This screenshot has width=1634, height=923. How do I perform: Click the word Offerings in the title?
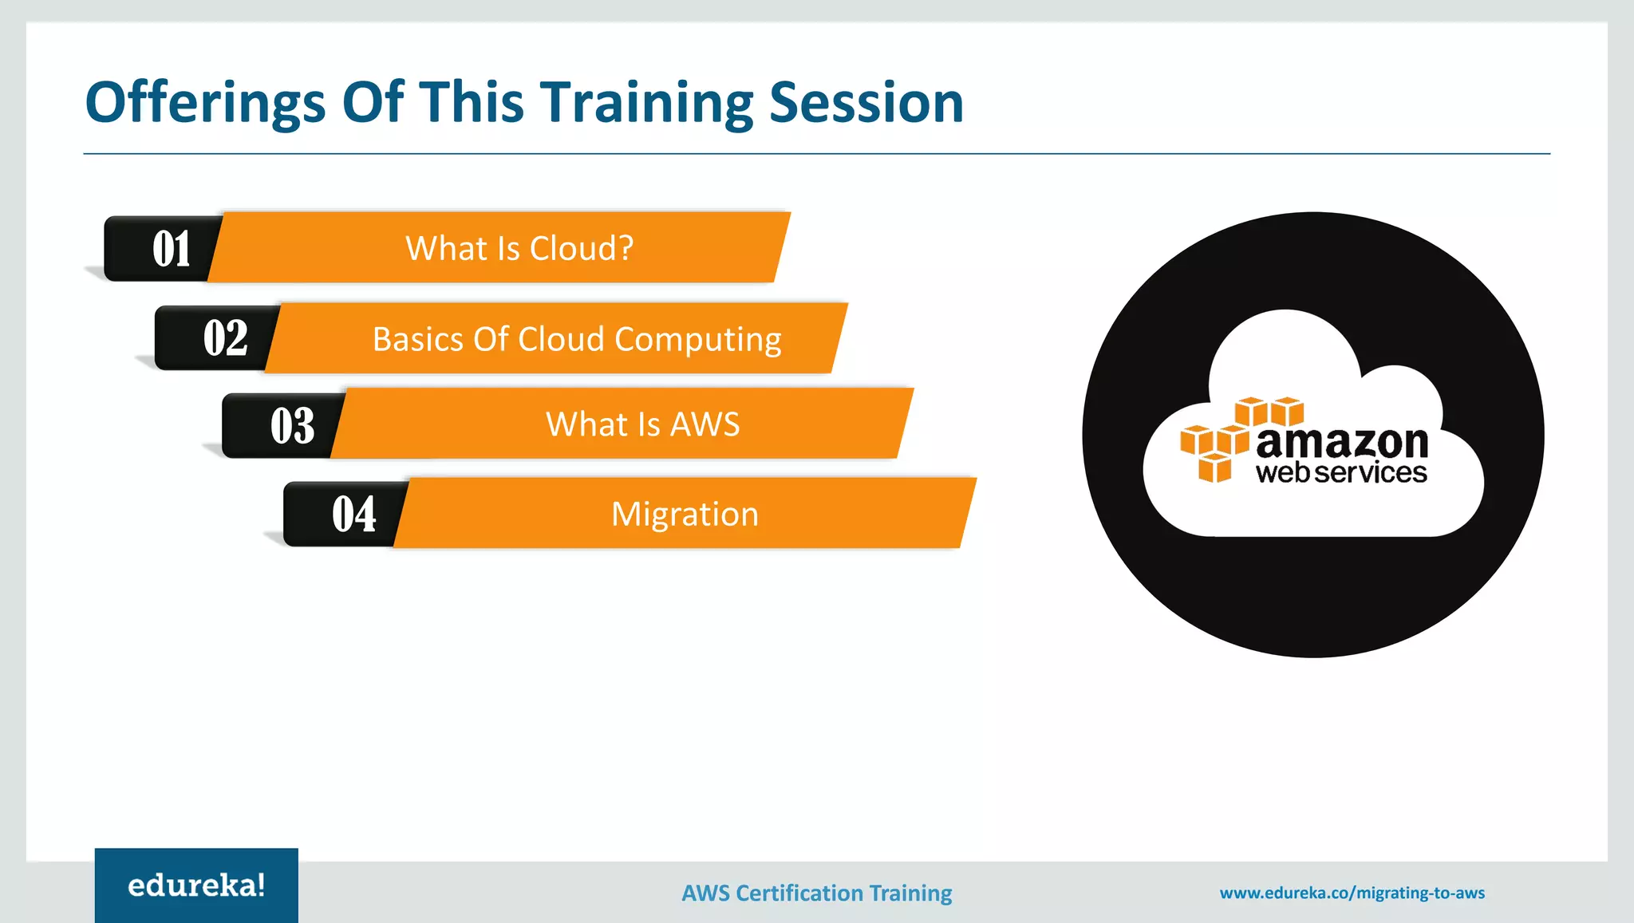pyautogui.click(x=205, y=103)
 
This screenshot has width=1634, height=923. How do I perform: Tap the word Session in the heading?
pyautogui.click(x=866, y=103)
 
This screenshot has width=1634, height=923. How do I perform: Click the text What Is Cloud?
pyautogui.click(x=519, y=248)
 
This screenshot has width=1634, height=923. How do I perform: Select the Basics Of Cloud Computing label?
pyautogui.click(x=576, y=339)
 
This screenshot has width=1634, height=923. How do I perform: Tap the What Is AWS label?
pyautogui.click(x=642, y=424)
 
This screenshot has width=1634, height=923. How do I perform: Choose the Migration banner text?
pyautogui.click(x=684, y=514)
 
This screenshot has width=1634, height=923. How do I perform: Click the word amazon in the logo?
pyautogui.click(x=1342, y=442)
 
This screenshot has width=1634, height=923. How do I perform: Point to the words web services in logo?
pyautogui.click(x=1340, y=473)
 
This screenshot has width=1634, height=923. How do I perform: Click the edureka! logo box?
pyautogui.click(x=196, y=885)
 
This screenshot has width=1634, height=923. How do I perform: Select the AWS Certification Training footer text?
pyautogui.click(x=816, y=893)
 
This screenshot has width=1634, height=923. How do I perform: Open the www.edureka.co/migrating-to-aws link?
pyautogui.click(x=1352, y=893)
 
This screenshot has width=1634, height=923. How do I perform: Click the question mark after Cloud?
pyautogui.click(x=625, y=248)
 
